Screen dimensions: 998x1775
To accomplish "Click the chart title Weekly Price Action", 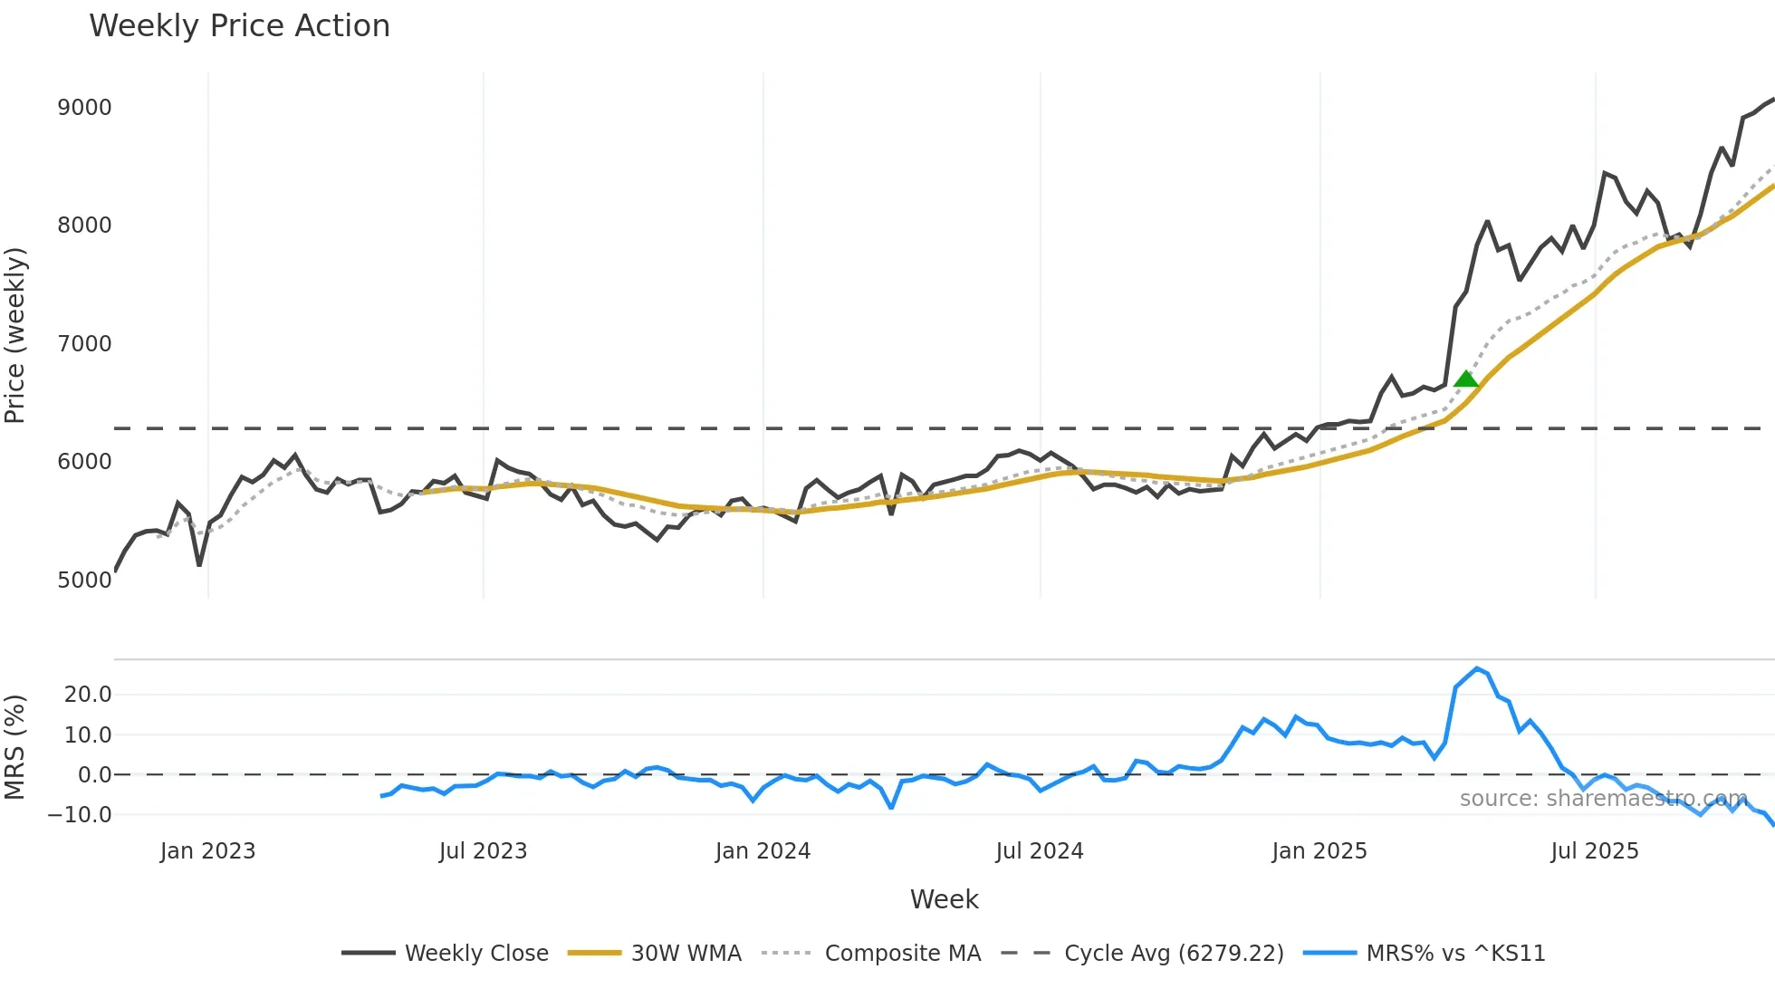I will (x=239, y=26).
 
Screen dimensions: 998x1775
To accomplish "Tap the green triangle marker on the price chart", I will (x=1465, y=379).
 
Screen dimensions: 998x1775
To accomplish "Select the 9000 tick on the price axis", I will (x=84, y=108).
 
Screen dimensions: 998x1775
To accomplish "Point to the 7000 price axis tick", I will (x=84, y=344).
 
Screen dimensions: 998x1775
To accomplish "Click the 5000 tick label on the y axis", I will (x=84, y=581).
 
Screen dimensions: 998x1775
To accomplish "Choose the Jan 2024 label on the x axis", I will (x=763, y=851).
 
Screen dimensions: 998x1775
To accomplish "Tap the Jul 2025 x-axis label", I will (x=1594, y=851).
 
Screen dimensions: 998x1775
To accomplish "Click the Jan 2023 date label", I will (x=207, y=851).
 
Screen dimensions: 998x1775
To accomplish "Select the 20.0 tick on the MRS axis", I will (x=88, y=695).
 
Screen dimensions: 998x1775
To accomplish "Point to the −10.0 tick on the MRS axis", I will (x=80, y=815).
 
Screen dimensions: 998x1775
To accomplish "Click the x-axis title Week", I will (x=944, y=899).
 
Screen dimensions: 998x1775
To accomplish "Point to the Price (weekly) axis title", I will (x=14, y=335).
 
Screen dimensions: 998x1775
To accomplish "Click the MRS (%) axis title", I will (x=14, y=747).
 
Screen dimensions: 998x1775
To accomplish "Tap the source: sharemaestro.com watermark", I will (x=1603, y=799).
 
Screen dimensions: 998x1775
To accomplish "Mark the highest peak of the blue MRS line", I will (x=1477, y=668).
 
